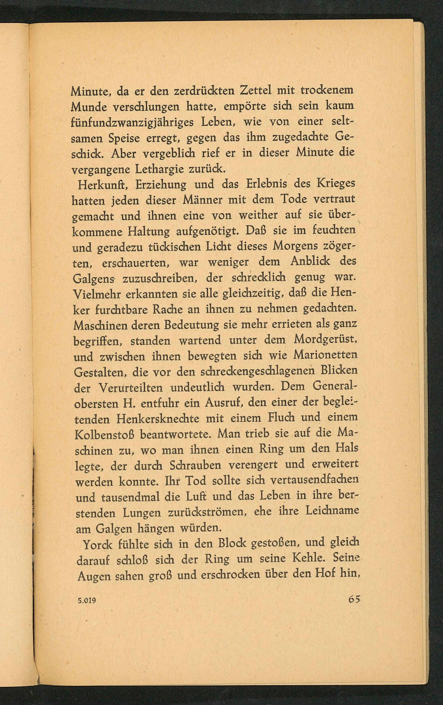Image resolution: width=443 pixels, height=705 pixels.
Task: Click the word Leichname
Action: [332, 511]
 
